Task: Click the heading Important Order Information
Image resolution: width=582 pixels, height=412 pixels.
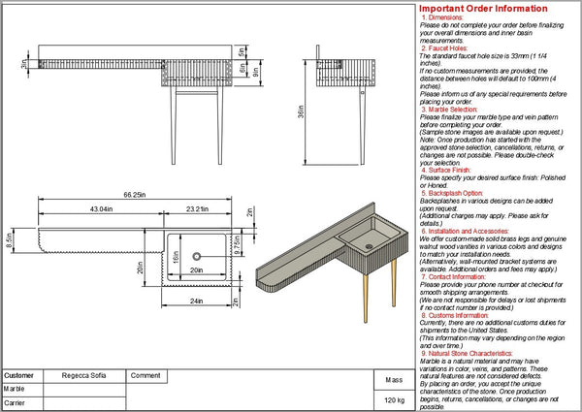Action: point(495,8)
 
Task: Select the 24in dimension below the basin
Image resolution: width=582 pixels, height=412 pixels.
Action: point(198,301)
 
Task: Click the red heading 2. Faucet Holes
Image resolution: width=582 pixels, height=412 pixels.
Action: point(445,48)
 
